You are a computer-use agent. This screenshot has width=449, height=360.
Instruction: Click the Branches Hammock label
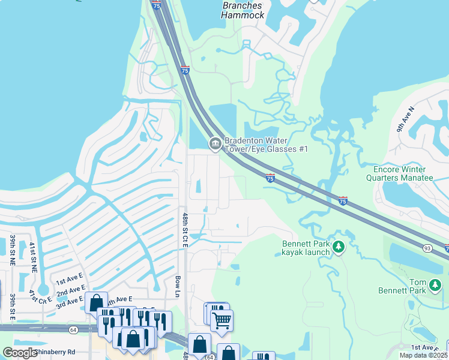[x=243, y=10]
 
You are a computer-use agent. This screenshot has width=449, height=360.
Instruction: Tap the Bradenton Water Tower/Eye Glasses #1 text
[x=266, y=145]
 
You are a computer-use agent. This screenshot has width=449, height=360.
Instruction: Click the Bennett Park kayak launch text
[x=306, y=248]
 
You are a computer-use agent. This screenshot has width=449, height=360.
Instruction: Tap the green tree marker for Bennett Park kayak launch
[x=339, y=247]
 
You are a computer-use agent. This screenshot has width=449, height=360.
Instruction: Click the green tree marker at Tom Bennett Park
[x=436, y=287]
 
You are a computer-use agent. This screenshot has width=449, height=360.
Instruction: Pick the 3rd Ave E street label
[x=70, y=302]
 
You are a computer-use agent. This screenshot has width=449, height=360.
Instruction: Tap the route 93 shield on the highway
[x=427, y=248]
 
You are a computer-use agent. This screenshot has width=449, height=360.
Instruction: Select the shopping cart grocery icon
[x=221, y=322]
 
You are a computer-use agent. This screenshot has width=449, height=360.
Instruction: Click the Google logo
[x=20, y=353]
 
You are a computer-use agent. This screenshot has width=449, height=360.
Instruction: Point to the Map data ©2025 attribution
[x=423, y=355]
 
